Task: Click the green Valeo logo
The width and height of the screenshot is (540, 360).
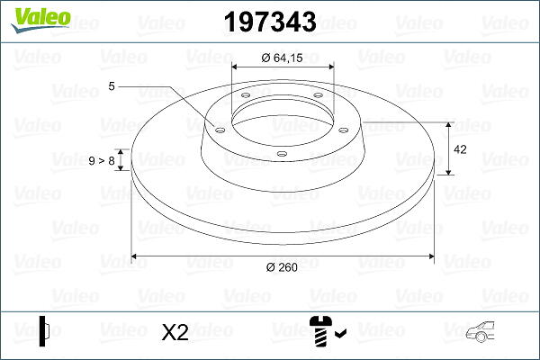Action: tap(40, 20)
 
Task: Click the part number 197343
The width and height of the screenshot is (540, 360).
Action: tap(270, 22)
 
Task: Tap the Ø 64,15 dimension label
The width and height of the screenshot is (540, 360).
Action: tap(282, 58)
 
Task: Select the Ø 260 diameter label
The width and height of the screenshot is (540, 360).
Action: tap(282, 267)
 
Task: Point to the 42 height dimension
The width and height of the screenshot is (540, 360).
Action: tap(460, 149)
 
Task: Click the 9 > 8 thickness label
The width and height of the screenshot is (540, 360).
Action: tap(102, 160)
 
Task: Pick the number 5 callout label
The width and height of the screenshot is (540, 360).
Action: tap(112, 86)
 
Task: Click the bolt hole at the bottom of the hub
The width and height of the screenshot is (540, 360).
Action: tap(283, 154)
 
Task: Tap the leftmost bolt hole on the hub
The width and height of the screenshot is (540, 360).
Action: tap(220, 130)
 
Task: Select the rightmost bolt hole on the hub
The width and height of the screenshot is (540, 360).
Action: tap(344, 130)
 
